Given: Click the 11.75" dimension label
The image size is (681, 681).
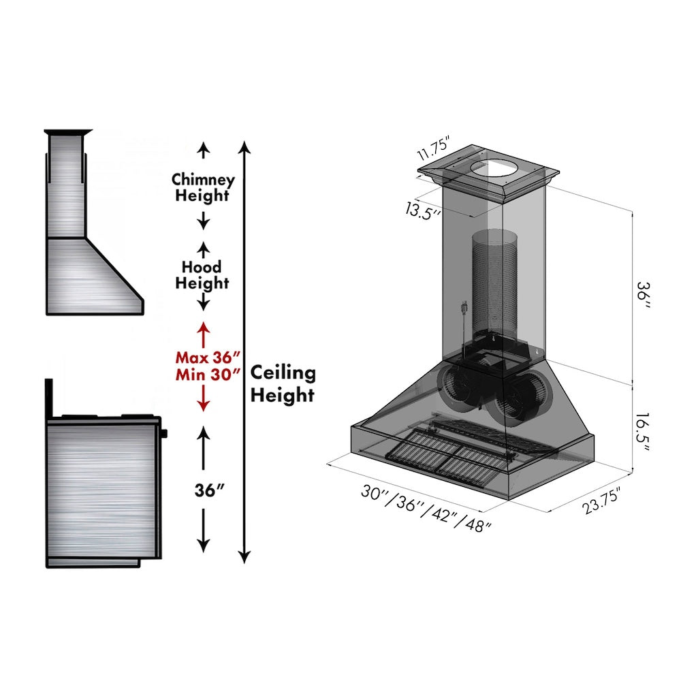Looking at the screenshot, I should (x=443, y=148).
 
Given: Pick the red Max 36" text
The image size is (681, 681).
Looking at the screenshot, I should (x=208, y=358).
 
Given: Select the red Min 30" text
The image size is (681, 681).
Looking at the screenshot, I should (x=208, y=374).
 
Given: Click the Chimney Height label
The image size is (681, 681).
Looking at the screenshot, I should (x=203, y=188).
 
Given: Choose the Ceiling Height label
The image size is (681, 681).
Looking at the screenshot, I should (x=283, y=383).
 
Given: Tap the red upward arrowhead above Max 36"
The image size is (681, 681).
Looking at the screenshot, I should (x=203, y=328).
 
